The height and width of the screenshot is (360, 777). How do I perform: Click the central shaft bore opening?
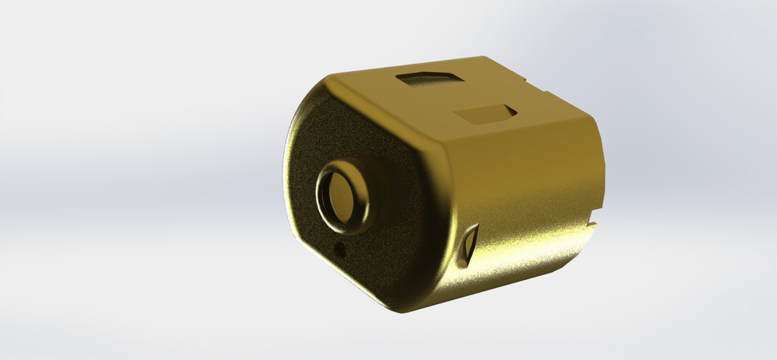[346, 197]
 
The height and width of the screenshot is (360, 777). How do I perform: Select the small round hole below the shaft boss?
[340, 250]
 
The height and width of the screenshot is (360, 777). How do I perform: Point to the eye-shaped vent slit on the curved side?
[468, 246]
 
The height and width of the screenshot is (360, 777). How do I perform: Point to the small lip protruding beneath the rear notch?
[589, 230]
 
